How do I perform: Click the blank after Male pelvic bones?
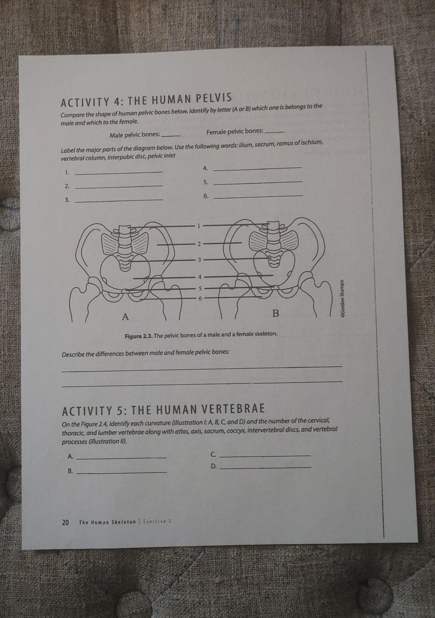tap(171, 135)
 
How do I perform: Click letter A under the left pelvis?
tap(125, 316)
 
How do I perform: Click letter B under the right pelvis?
tap(275, 314)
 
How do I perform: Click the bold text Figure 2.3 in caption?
tap(138, 334)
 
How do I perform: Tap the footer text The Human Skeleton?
tap(107, 522)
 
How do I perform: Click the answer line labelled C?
tap(266, 455)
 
